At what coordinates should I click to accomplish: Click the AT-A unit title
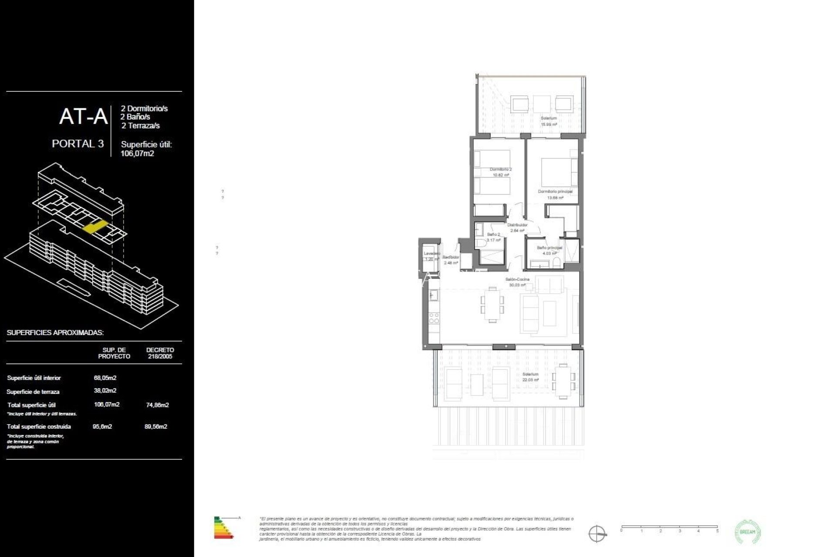tap(83, 117)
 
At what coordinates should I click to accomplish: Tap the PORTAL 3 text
tap(78, 144)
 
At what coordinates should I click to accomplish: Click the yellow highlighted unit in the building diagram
tap(95, 227)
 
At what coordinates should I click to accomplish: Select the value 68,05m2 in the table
tap(105, 378)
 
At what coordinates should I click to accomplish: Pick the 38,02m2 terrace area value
tap(105, 391)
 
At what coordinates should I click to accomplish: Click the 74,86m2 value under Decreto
tap(157, 405)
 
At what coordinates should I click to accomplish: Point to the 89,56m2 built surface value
tap(156, 427)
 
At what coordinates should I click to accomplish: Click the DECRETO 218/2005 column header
tap(160, 353)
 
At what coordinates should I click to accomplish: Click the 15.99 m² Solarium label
tap(549, 121)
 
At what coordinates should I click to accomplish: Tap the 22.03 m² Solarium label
tap(530, 377)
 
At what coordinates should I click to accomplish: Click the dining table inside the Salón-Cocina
tap(492, 305)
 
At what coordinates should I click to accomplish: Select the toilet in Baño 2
tap(478, 243)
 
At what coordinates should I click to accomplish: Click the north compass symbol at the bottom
tap(597, 534)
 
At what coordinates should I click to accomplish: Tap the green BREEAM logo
tap(748, 532)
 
